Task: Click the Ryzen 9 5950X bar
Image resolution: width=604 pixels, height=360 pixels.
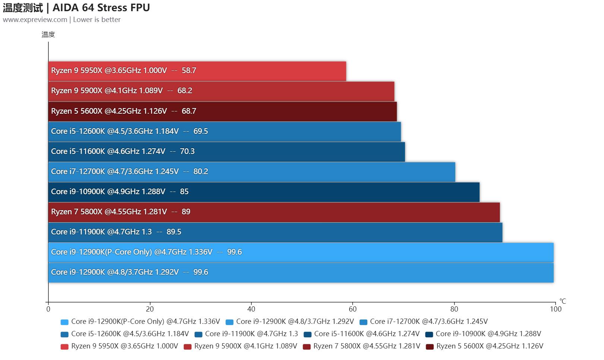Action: pyautogui.click(x=197, y=71)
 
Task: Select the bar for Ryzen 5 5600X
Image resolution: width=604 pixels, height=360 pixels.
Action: pyautogui.click(x=222, y=111)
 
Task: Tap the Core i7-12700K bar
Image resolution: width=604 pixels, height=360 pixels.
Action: pyautogui.click(x=252, y=172)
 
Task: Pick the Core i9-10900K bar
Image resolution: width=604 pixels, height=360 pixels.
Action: pyautogui.click(x=264, y=192)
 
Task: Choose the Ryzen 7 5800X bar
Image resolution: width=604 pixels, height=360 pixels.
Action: pyautogui.click(x=274, y=212)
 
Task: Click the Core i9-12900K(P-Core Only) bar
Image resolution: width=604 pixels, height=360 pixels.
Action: pyautogui.click(x=301, y=252)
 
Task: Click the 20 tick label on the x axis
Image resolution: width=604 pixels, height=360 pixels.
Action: pyautogui.click(x=150, y=309)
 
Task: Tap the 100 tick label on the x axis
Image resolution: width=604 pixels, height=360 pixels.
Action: pyautogui.click(x=555, y=309)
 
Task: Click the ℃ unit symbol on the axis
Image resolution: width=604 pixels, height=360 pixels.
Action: pyautogui.click(x=562, y=301)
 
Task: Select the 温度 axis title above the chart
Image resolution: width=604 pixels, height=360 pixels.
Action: pyautogui.click(x=48, y=35)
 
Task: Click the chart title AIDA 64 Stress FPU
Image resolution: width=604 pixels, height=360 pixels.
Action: pyautogui.click(x=101, y=7)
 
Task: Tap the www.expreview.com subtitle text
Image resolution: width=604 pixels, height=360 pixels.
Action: pyautogui.click(x=35, y=20)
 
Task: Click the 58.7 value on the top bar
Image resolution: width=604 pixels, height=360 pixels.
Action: pyautogui.click(x=189, y=71)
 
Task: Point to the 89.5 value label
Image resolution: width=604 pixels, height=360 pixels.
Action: pyautogui.click(x=174, y=232)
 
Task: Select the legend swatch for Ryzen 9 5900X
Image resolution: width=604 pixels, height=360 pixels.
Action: pyautogui.click(x=188, y=347)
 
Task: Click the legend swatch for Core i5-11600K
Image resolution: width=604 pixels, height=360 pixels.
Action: pyautogui.click(x=308, y=334)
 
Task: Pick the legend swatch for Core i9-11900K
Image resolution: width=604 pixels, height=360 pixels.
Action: pyautogui.click(x=198, y=334)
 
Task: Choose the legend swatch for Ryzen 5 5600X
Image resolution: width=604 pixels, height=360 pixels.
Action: pyautogui.click(x=430, y=347)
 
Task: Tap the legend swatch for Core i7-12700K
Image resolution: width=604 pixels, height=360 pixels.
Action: pyautogui.click(x=363, y=322)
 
